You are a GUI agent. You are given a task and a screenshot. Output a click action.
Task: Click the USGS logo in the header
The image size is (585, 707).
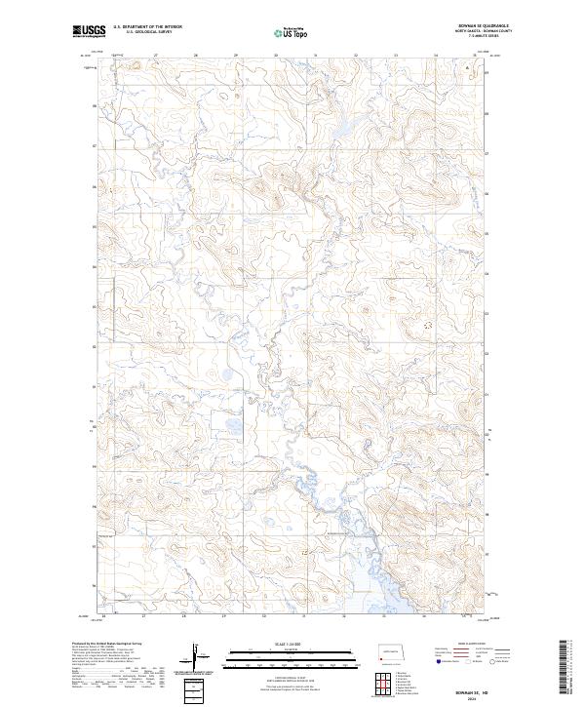89,32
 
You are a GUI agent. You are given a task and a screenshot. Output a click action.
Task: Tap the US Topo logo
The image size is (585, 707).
293,32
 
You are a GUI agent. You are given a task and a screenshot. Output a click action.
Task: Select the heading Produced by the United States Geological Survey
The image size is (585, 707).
101,644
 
